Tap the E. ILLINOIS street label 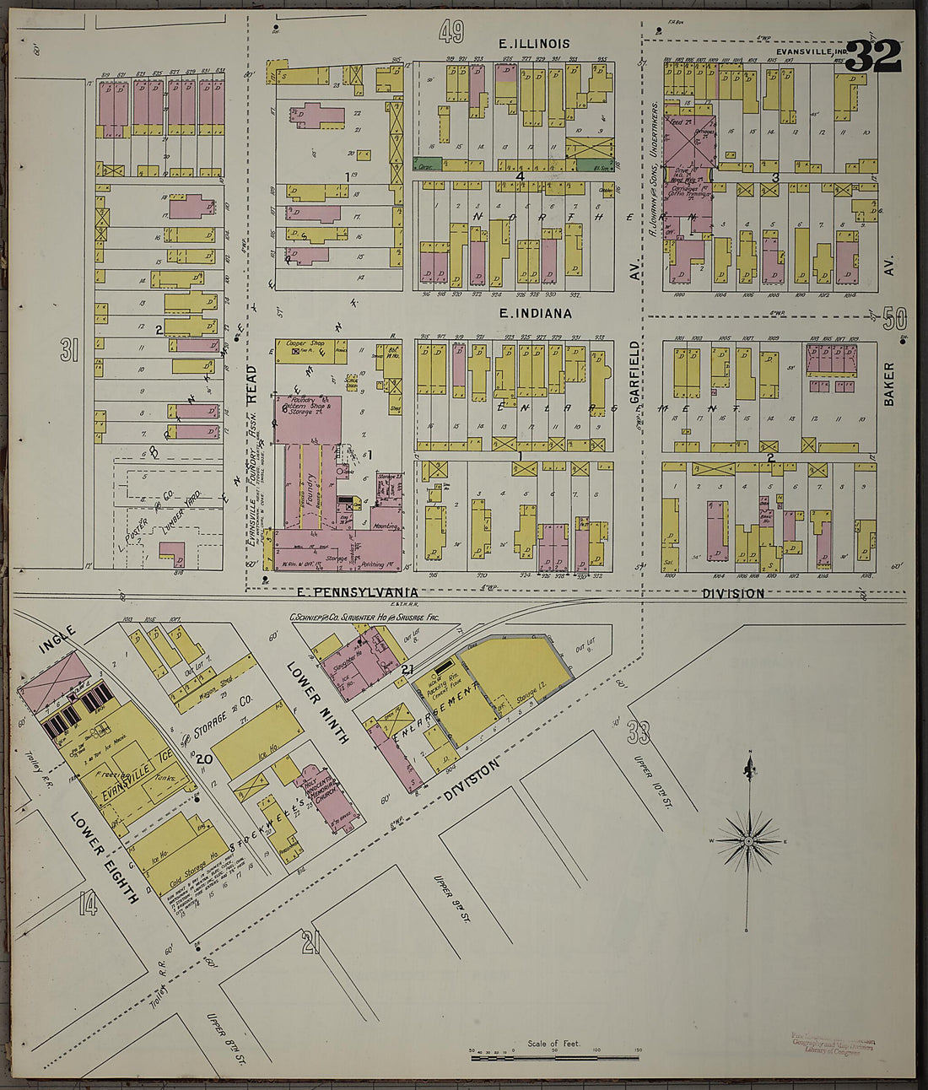[534, 43]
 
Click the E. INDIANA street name [535, 313]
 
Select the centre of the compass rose [748, 841]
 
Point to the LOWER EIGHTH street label [105, 857]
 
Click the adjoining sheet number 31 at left [69, 350]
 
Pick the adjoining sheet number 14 [88, 905]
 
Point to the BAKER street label [888, 385]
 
